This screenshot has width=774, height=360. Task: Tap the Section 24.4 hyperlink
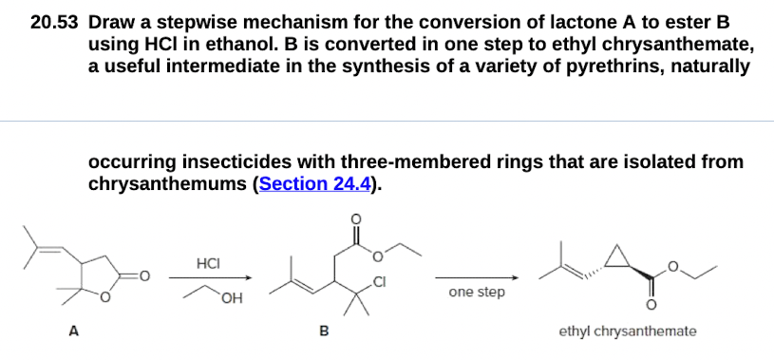(x=314, y=182)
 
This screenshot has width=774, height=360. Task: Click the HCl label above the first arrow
(x=207, y=261)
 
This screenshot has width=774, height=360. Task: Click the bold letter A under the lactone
(x=71, y=332)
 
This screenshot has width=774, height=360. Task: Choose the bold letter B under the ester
(x=323, y=332)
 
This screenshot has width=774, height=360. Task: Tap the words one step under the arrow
(x=477, y=292)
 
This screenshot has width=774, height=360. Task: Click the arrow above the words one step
(x=477, y=278)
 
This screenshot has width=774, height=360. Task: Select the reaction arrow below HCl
(x=211, y=278)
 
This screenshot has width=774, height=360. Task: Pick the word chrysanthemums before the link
(x=168, y=182)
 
